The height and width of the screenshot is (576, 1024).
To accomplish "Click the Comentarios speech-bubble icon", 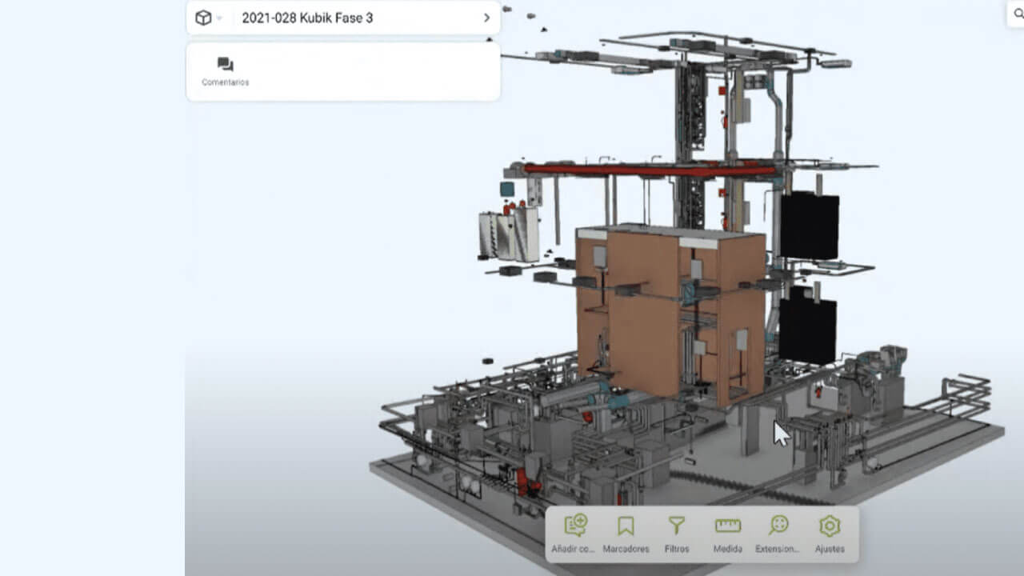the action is point(226,65).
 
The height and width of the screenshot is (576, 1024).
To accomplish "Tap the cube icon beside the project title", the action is point(203,18).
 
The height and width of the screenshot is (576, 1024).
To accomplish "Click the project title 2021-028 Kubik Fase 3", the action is point(307,18).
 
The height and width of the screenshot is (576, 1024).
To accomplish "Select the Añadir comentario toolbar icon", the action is point(575,525).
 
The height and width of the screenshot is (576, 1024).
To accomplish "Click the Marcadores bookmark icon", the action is point(626,526).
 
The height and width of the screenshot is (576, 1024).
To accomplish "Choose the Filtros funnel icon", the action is point(677,526).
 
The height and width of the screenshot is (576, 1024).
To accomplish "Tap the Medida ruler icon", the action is point(728,526).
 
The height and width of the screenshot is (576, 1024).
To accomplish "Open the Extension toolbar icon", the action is point(778,525).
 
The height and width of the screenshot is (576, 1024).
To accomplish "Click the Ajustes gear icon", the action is point(830,526).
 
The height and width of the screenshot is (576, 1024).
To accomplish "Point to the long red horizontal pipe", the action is point(649,170).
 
